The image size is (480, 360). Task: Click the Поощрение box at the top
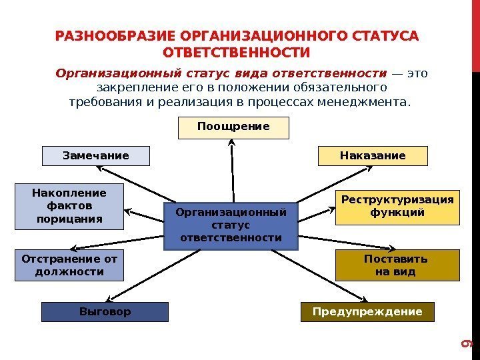[x=233, y=127]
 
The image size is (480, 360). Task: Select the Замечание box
[x=96, y=156]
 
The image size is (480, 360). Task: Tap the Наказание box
[x=372, y=156]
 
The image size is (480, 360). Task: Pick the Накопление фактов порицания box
[x=69, y=206]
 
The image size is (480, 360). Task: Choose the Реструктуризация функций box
[x=397, y=207]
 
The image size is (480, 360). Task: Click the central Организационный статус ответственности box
[x=231, y=225]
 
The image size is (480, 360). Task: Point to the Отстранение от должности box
[x=69, y=265]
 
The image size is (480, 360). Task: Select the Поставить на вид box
[x=397, y=265]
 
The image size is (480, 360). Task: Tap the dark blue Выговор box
[x=105, y=312]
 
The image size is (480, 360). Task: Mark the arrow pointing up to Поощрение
[x=232, y=170]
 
